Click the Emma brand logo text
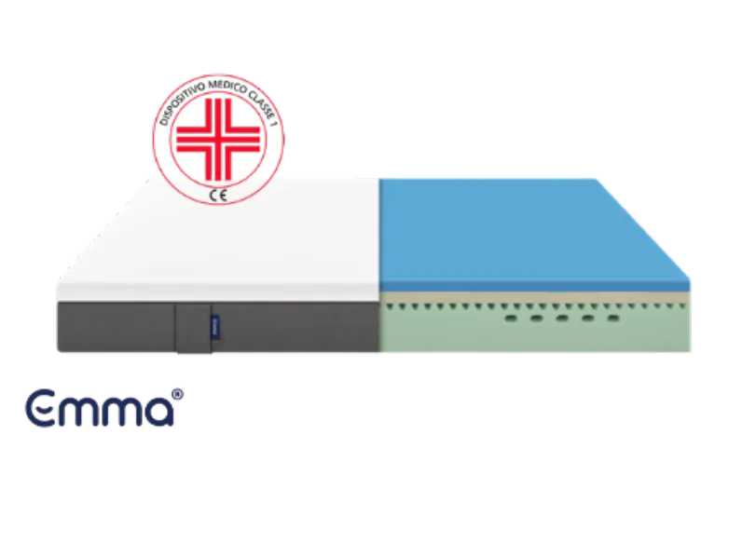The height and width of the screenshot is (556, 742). coord(100,407)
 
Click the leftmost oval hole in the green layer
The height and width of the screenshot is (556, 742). coord(512,318)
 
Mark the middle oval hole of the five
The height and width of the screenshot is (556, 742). coord(562,318)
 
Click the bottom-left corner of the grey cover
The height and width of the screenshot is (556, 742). coord(59,352)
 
